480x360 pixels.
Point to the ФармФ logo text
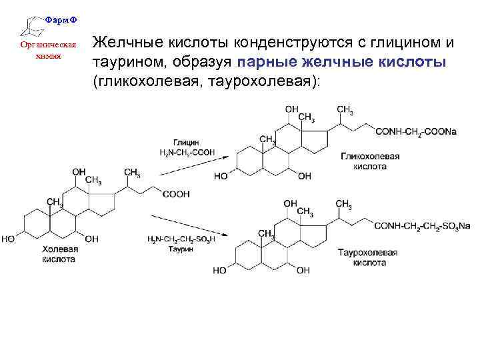click(61, 19)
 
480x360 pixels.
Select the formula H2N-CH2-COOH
click(187, 153)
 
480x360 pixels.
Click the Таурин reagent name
click(181, 248)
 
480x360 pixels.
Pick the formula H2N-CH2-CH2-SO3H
click(181, 239)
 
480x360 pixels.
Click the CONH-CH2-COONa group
click(417, 132)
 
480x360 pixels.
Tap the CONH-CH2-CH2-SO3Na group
click(421, 227)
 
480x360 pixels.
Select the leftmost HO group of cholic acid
click(9, 238)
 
